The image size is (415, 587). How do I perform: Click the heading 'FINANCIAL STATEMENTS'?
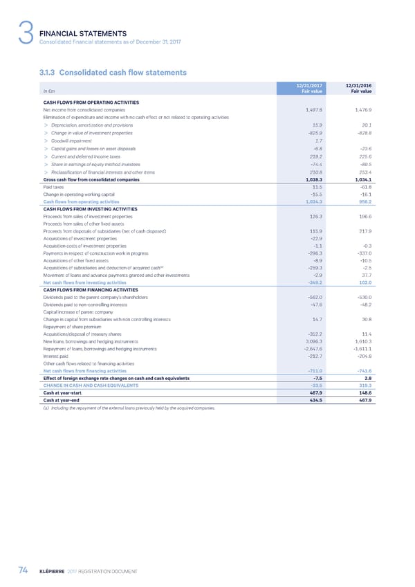point(84,33)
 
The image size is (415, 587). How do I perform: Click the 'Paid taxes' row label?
point(55,187)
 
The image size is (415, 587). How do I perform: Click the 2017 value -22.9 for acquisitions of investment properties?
point(317,238)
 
